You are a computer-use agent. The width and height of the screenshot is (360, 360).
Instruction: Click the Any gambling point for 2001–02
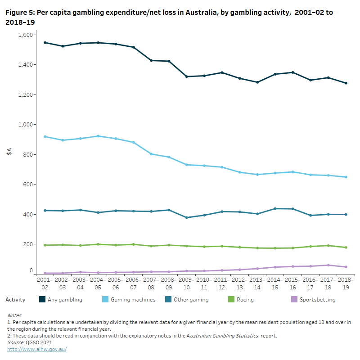45,43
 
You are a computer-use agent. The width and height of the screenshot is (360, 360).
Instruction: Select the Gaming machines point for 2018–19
346,177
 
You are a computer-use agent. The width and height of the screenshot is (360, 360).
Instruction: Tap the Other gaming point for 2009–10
187,218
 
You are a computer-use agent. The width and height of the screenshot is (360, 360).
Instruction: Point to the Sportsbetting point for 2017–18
328,265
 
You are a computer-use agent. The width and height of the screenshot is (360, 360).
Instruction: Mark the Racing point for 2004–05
99,244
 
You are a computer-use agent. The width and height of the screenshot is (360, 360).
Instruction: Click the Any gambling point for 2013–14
257,82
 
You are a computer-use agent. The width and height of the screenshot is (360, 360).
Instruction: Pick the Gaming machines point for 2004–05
99,136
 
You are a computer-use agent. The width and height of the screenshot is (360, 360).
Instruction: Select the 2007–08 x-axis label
151,283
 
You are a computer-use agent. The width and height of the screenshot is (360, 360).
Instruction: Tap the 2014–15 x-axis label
275,283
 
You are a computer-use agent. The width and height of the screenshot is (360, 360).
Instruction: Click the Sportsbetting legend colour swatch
294,300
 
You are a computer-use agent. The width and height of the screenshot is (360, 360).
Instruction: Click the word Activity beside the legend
15,300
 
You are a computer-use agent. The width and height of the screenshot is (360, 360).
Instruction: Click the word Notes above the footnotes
14,315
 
